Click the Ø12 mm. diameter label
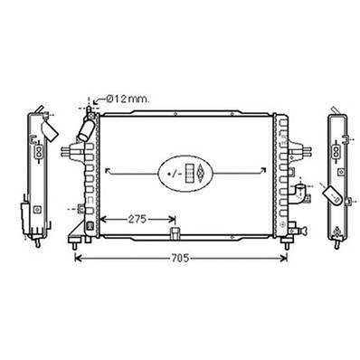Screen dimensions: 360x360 click(x=127, y=99)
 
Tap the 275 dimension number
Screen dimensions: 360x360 click(x=137, y=219)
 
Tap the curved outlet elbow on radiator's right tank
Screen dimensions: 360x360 click(x=298, y=192)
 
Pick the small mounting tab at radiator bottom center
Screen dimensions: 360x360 click(x=172, y=237)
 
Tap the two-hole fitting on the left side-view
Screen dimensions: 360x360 click(x=39, y=155)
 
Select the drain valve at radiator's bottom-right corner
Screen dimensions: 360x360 click(x=291, y=226)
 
